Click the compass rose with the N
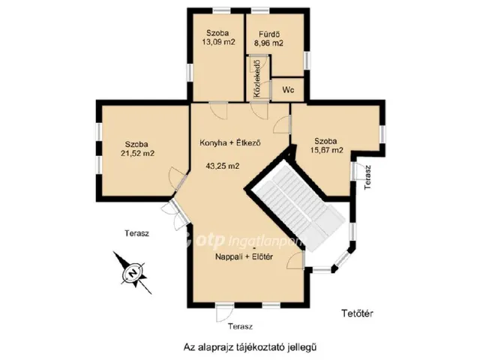pos(133,272)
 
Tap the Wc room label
pos(288,90)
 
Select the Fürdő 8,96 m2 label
pos(269,38)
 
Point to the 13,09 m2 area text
pos(218,42)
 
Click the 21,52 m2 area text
pos(137,153)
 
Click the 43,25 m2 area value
pos(223,166)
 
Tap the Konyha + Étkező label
pos(230,142)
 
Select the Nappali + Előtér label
pos(244,256)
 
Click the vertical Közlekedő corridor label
pos(256,79)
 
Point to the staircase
pos(295,205)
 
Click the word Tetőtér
pos(357,313)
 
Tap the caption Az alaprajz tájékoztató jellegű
pos(250,347)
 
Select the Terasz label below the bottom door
pos(240,326)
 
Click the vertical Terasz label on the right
pos(367,177)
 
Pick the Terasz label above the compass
pos(136,233)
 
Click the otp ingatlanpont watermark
pos(245,241)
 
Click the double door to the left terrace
pos(175,214)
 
